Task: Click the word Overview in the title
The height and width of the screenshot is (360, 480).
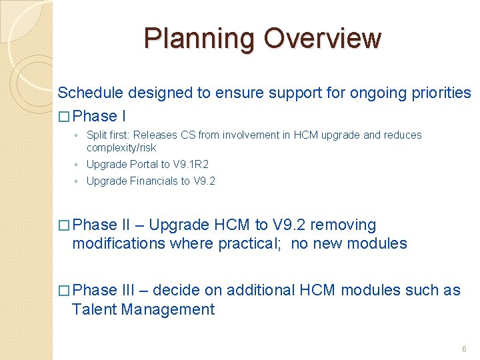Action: tap(322, 39)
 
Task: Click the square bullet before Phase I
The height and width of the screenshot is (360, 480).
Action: tap(63, 117)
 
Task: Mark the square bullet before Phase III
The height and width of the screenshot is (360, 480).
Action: tap(63, 291)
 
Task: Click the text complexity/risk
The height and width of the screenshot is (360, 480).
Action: tap(121, 148)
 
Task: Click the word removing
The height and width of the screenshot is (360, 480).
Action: tap(343, 225)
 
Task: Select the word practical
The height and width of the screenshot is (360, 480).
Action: tap(249, 244)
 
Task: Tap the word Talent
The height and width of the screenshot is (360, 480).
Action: tap(93, 309)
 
